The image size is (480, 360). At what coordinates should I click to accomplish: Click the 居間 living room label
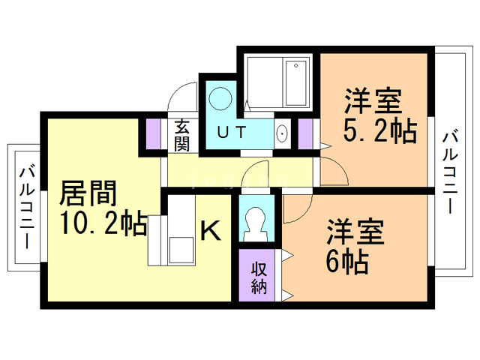click(x=88, y=194)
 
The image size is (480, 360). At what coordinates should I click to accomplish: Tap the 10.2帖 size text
click(x=103, y=224)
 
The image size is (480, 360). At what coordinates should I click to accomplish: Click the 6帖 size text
click(x=346, y=262)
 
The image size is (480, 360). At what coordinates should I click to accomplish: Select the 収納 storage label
click(x=259, y=277)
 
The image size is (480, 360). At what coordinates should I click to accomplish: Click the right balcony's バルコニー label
click(x=450, y=171)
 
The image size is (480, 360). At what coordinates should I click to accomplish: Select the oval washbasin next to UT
click(x=282, y=134)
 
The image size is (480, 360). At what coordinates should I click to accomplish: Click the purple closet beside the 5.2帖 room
click(x=305, y=133)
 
